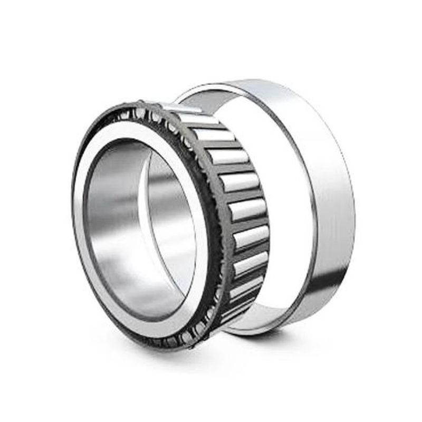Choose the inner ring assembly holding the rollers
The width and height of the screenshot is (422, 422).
click(169, 222)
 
